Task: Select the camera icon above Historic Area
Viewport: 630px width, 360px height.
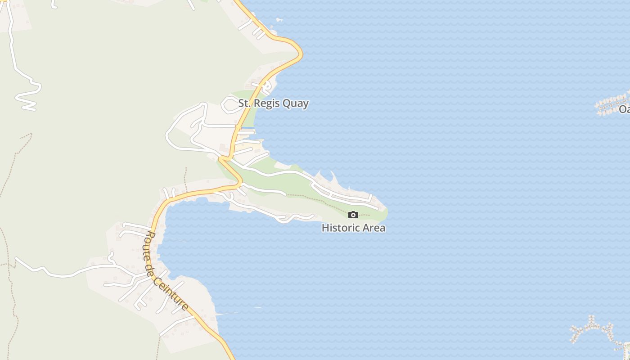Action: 353,215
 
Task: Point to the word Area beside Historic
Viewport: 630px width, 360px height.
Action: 374,228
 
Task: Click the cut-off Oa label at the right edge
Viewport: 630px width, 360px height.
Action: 624,109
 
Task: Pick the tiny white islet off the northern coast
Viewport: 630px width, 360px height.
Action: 279,20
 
